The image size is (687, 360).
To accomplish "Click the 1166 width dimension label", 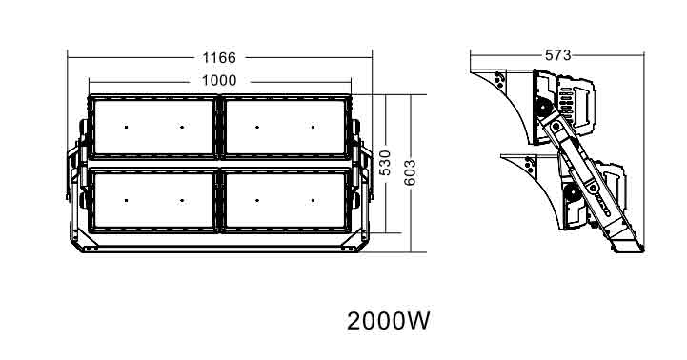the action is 218,58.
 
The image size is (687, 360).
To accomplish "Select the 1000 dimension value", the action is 219,81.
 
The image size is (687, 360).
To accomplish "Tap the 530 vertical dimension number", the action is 385,163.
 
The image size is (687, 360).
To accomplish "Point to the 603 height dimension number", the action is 410,172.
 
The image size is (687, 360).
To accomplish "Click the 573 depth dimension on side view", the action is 558,55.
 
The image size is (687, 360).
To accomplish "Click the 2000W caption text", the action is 388,321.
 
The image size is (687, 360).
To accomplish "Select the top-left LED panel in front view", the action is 153,127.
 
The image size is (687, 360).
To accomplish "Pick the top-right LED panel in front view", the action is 286,127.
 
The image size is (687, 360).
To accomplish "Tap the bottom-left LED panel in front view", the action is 153,200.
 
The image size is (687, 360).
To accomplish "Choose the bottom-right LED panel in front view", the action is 286,200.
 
